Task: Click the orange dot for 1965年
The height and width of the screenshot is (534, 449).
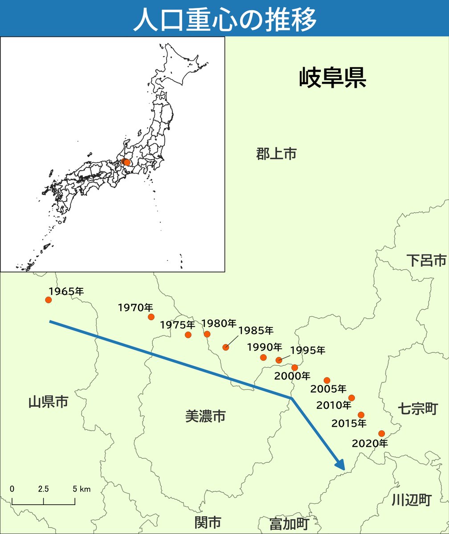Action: [x=49, y=300]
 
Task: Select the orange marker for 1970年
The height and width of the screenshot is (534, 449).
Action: [x=151, y=317]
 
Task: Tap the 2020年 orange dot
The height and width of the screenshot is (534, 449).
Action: [x=381, y=433]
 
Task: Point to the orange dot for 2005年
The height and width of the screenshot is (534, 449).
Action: [x=327, y=380]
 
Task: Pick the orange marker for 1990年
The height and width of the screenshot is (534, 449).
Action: [x=263, y=357]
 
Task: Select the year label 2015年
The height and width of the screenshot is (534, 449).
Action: [x=349, y=423]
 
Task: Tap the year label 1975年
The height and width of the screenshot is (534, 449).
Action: [x=177, y=325]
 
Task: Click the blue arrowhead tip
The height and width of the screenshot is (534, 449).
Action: [x=343, y=469]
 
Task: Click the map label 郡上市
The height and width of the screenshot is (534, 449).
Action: [x=276, y=154]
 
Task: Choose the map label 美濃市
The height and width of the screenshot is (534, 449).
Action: [x=205, y=417]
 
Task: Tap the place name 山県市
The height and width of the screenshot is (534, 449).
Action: [x=48, y=403]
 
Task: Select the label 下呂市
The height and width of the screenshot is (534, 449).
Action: [x=426, y=260]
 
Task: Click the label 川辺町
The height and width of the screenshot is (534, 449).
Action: [x=411, y=500]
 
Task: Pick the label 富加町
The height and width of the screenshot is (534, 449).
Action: [x=289, y=523]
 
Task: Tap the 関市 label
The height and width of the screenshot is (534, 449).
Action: [x=207, y=522]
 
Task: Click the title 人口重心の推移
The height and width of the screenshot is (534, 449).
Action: [x=224, y=18]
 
